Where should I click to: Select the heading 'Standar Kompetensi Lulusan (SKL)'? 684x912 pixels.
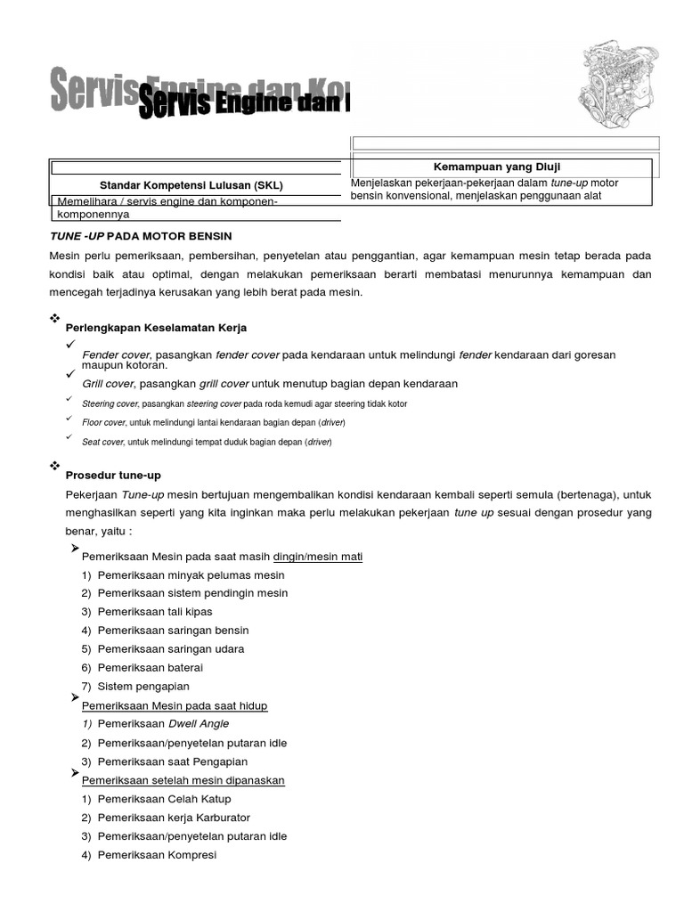(191, 185)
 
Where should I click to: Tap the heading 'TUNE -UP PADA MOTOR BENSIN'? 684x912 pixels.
(141, 236)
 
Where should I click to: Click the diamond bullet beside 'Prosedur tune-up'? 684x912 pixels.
(55, 466)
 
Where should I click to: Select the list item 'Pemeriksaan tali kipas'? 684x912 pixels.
(155, 612)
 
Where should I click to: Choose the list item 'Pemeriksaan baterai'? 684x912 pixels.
(151, 667)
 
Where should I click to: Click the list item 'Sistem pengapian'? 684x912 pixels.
(143, 686)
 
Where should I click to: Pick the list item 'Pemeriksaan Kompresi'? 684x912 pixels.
(157, 855)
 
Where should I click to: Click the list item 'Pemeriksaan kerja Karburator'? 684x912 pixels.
(174, 818)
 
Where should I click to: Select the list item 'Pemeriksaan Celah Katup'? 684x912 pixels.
(164, 799)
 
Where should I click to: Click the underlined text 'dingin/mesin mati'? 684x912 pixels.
(317, 557)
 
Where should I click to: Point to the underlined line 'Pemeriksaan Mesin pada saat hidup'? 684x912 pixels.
(175, 705)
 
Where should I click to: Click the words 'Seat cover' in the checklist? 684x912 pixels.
(102, 442)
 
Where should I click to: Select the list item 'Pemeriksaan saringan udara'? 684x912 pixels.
(171, 648)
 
